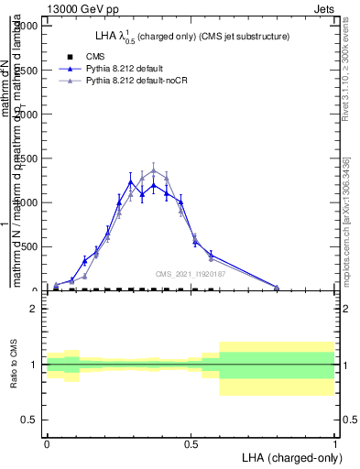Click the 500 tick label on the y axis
coord(29,246)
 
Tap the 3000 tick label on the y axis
coord(27,26)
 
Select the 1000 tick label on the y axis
coord(27,202)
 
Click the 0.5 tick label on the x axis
coord(191,442)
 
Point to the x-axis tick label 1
coord(334,442)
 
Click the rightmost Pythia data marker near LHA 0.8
coord(277,287)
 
